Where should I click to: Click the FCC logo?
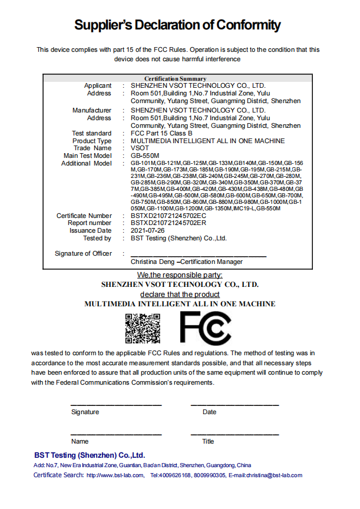(206, 328)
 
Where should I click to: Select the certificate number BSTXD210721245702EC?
(168, 216)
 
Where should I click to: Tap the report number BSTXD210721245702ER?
(168, 223)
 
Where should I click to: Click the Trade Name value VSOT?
(140, 148)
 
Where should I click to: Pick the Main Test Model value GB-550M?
(145, 156)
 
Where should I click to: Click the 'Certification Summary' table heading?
(176, 78)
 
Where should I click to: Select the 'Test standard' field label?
(91, 133)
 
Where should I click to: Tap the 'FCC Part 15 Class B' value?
(161, 133)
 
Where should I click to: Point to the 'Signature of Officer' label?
(83, 253)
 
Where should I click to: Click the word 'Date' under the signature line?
(209, 412)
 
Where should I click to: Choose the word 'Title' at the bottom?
(208, 441)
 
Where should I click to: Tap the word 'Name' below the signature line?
(80, 441)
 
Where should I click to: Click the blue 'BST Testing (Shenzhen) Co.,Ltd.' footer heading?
(90, 455)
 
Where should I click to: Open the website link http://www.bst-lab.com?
(115, 475)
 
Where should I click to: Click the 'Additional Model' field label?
(86, 163)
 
